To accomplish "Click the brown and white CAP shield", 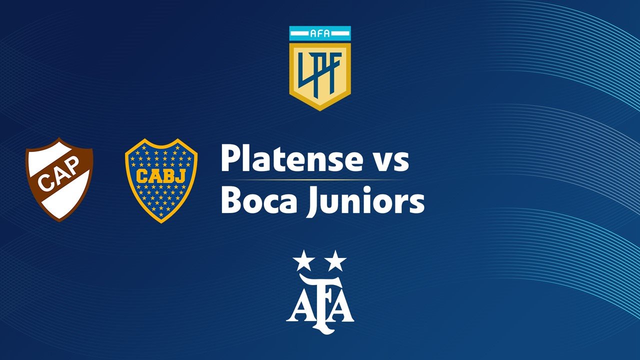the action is click(59, 179).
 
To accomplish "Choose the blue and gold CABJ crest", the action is click(161, 180).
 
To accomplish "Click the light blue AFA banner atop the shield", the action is click(320, 33).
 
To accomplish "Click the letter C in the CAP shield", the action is click(45, 183).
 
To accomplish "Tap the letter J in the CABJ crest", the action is click(180, 175).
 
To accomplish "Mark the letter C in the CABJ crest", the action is click(142, 175).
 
